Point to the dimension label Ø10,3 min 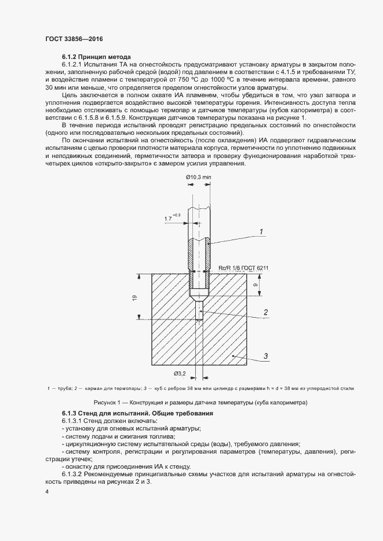click(198, 177)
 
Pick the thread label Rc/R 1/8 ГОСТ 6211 click(245, 268)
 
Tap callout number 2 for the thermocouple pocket click(265, 312)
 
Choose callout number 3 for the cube click(265, 356)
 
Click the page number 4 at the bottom click(47, 491)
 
